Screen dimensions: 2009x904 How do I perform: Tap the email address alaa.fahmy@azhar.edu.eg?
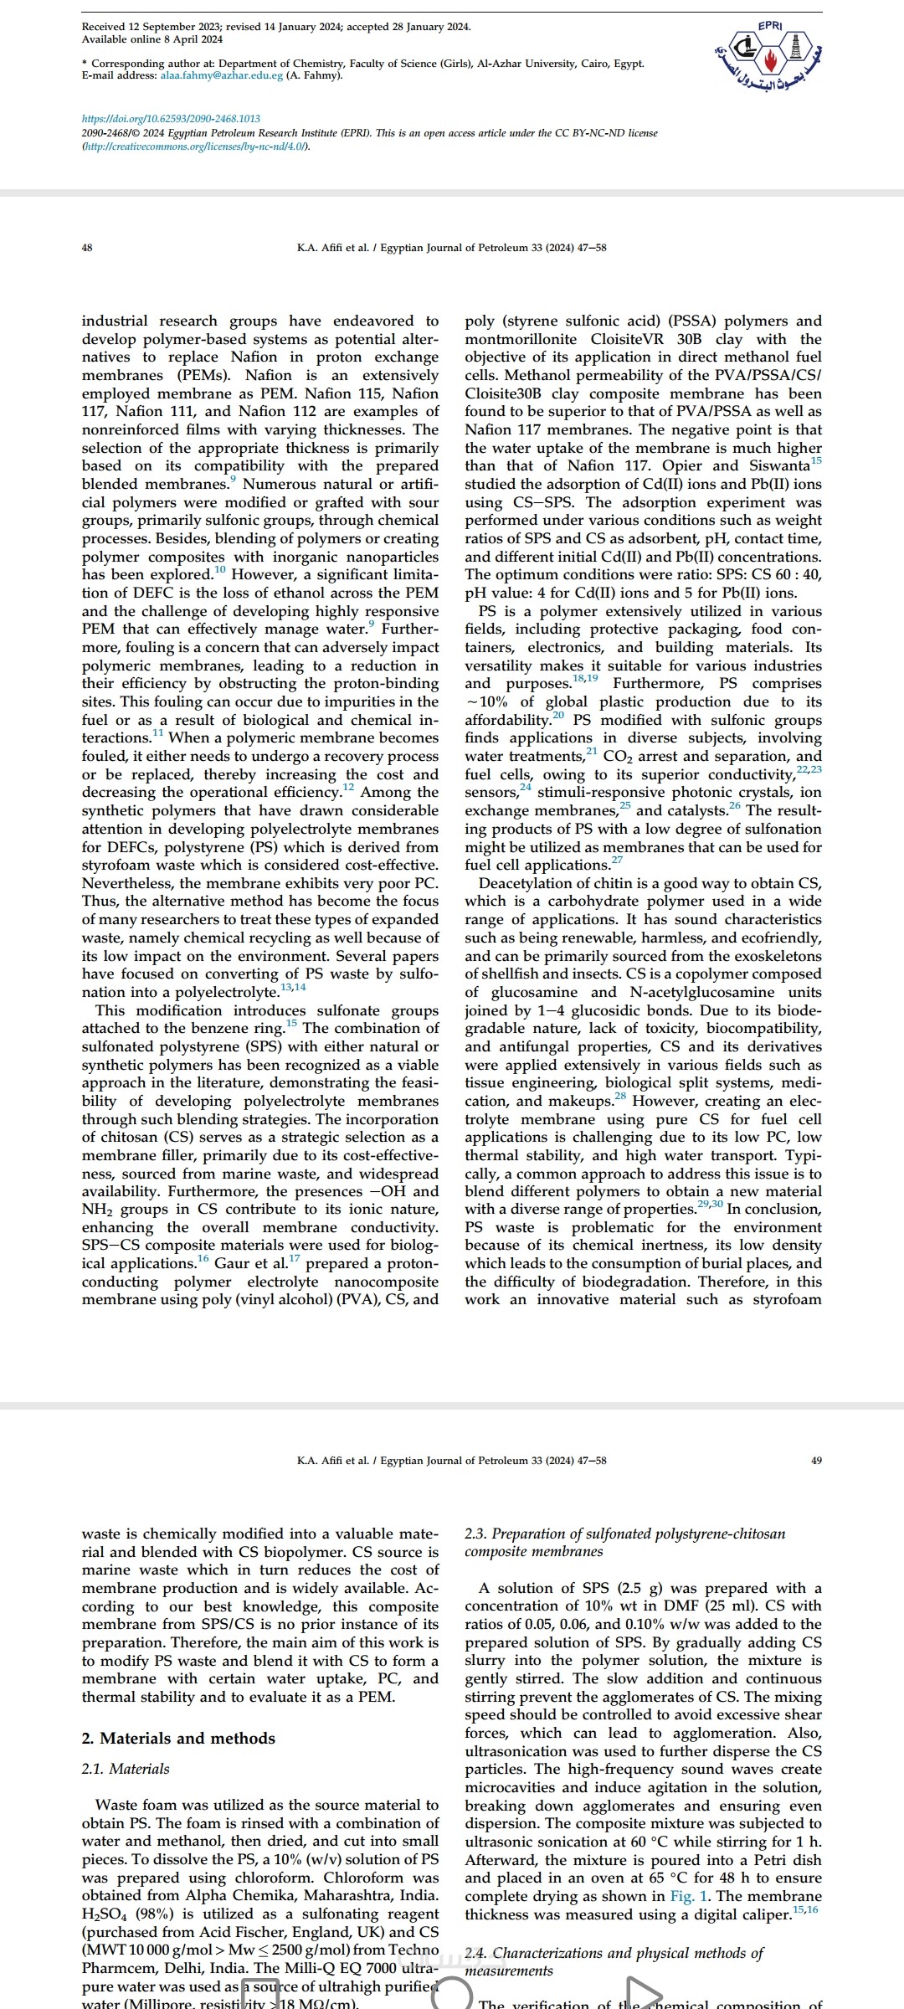pyautogui.click(x=221, y=75)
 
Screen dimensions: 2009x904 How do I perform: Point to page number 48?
pyautogui.click(x=87, y=248)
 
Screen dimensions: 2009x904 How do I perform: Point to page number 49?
pyautogui.click(x=817, y=1460)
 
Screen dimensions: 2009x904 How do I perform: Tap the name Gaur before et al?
pyautogui.click(x=232, y=1263)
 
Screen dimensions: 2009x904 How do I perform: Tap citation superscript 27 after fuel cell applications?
pyautogui.click(x=617, y=861)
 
